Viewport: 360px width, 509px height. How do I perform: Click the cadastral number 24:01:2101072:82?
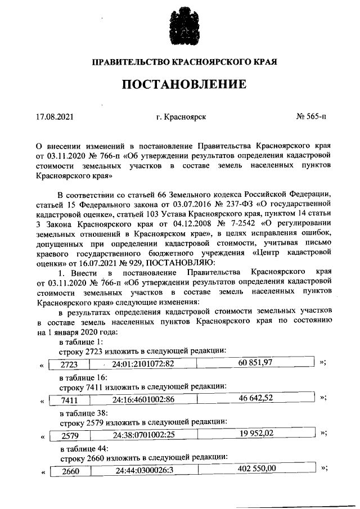[x=143, y=364]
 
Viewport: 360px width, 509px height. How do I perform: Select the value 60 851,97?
[x=255, y=362]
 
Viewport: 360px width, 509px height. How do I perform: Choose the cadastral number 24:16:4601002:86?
[x=143, y=400]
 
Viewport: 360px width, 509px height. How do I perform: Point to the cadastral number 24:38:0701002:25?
[x=143, y=435]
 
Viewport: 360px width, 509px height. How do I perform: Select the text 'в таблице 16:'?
[x=81, y=377]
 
